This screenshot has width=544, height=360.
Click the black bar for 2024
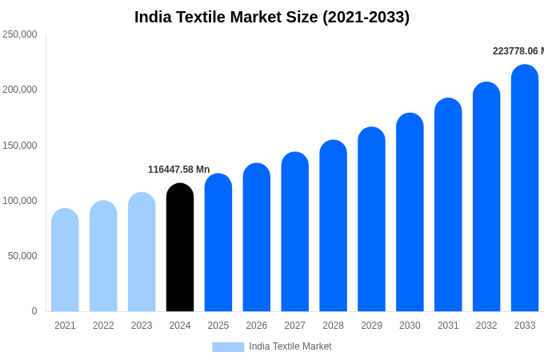coord(180,248)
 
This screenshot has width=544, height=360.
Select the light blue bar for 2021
coord(65,260)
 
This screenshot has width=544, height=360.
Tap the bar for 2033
coord(525,188)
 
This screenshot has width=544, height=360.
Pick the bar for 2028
coord(333,226)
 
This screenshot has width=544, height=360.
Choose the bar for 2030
coord(410,212)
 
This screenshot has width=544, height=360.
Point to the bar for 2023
coord(142,252)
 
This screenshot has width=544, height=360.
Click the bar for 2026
coord(257,238)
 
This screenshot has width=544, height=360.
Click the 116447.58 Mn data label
coord(178,170)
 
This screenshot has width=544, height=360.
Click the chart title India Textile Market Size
coord(272,17)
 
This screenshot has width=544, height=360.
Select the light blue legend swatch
coord(228,346)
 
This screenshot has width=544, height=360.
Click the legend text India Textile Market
coord(290,346)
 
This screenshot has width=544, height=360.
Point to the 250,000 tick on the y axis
coord(20,34)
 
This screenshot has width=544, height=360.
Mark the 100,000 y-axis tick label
coord(20,201)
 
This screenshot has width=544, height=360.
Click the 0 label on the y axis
coord(34,311)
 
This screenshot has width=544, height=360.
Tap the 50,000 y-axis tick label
coord(22,256)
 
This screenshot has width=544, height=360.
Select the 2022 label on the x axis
coord(103,326)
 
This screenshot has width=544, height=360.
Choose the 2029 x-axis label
coord(371,326)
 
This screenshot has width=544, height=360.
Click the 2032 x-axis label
coord(486,326)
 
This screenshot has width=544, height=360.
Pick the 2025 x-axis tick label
coord(218,326)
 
